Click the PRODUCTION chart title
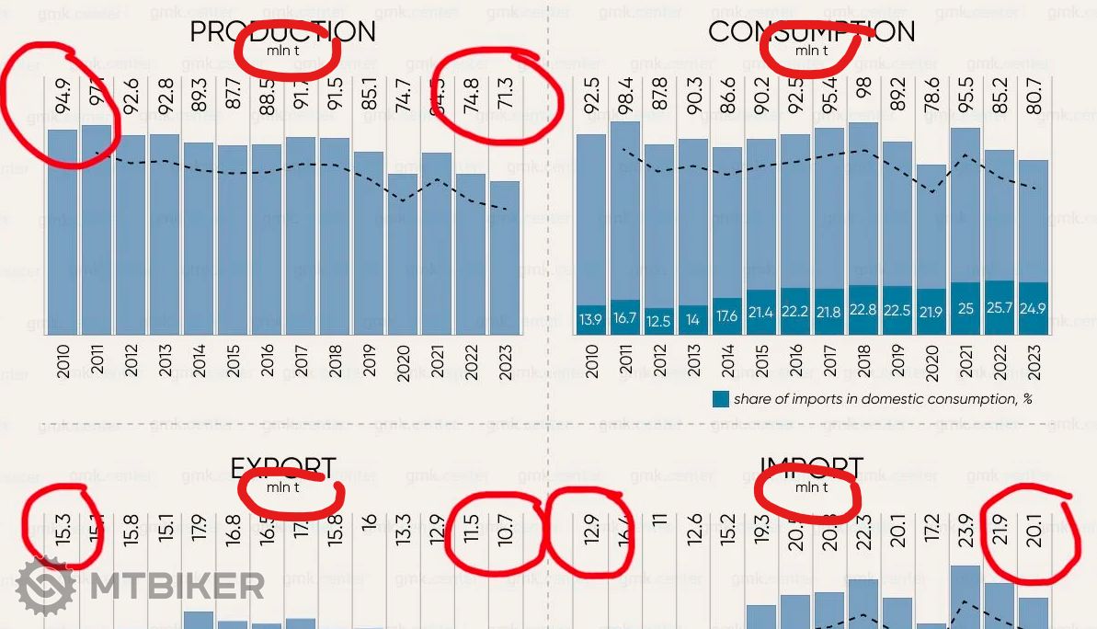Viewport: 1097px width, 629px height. point(282,31)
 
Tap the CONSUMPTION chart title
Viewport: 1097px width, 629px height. point(811,31)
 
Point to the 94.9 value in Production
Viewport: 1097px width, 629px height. point(63,96)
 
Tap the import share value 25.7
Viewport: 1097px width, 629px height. point(999,307)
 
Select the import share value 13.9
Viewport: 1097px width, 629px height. point(590,319)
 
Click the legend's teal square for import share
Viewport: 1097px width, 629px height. point(721,399)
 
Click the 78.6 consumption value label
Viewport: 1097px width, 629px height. point(931,96)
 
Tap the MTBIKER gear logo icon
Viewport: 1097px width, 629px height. point(45,586)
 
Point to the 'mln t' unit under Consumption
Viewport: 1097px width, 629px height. point(811,50)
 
